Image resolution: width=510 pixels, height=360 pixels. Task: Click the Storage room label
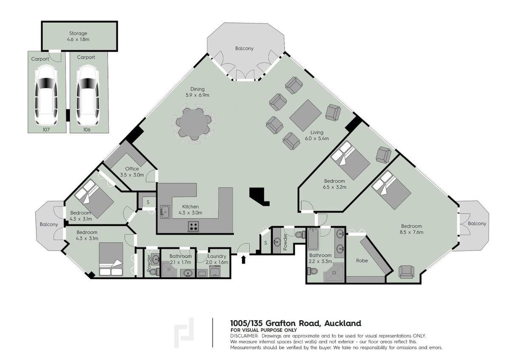point(78,33)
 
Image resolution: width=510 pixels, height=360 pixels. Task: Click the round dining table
point(194,124)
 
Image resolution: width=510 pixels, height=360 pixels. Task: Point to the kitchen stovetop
point(193,227)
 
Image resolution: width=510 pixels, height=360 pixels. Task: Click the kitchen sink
point(165,212)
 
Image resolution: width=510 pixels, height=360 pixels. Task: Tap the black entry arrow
point(244,260)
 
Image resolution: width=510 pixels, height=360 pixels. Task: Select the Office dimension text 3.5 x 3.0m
point(132,175)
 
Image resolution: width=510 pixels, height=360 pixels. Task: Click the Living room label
point(317,132)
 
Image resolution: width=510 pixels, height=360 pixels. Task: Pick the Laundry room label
point(217,256)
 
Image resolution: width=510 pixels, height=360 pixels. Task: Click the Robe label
point(362,261)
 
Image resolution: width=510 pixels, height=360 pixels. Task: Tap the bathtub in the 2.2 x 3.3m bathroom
point(313,239)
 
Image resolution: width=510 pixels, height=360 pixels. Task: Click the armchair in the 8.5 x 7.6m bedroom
point(406,272)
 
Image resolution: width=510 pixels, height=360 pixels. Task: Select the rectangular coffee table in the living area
point(305,115)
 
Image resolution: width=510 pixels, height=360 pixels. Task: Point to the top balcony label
point(244,48)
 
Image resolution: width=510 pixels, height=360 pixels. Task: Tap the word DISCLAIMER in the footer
point(244,336)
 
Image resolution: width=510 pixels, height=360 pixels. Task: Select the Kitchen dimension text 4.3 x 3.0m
point(190,213)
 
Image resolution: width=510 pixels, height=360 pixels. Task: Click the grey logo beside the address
point(184,333)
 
